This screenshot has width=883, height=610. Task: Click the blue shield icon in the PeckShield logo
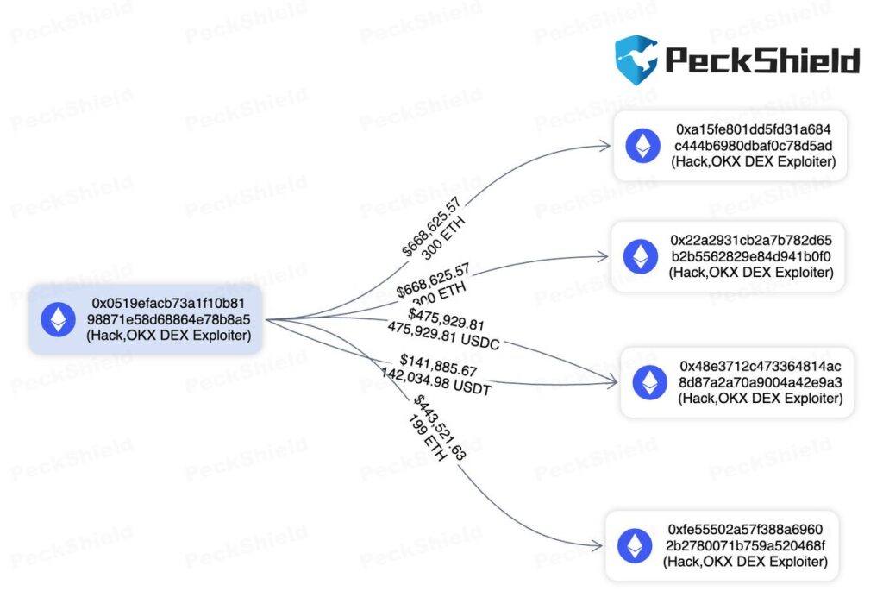coord(636,60)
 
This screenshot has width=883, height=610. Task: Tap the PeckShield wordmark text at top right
coord(762,60)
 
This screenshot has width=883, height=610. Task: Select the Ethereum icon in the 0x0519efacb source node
coord(59,320)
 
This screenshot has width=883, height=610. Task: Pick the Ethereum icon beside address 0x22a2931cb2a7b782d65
coord(640,256)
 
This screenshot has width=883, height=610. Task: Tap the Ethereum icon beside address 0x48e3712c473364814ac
coord(649,382)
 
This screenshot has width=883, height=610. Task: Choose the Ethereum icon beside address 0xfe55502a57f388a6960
coord(635,545)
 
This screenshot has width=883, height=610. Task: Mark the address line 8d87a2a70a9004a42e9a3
coord(761,382)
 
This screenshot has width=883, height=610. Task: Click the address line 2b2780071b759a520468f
coord(745,545)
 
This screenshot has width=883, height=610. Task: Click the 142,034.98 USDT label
coord(436,382)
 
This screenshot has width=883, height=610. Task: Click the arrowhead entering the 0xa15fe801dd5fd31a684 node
coord(606,146)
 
